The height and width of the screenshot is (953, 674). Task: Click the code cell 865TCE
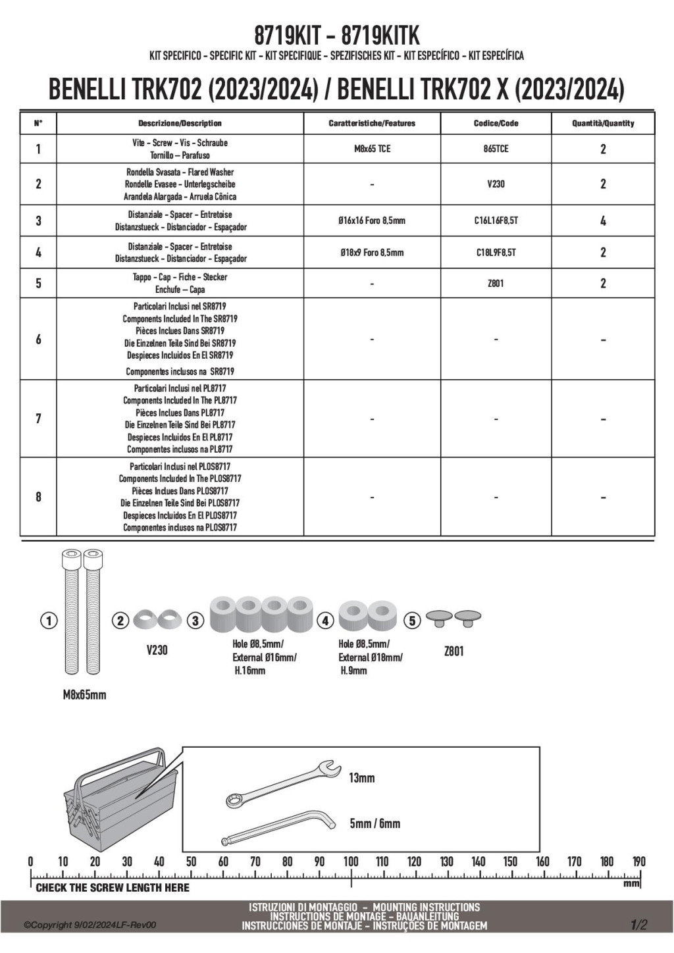click(496, 149)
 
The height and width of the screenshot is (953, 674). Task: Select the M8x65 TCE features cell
click(372, 149)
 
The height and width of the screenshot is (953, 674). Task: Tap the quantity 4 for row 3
click(603, 221)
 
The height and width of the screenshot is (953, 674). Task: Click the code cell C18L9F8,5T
click(496, 252)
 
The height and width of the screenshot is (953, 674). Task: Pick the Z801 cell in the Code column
click(496, 284)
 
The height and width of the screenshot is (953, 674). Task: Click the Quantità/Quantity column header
click(603, 123)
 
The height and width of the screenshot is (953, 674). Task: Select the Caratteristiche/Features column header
click(372, 123)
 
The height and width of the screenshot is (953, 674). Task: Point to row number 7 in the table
click(38, 419)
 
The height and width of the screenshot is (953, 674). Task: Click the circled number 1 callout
click(49, 620)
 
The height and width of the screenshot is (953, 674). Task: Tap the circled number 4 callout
click(326, 620)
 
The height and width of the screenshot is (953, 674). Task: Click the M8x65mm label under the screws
click(80, 695)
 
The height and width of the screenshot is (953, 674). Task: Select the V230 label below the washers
click(157, 650)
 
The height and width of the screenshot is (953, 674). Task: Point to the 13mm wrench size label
click(361, 778)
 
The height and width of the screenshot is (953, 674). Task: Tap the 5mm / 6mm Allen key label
click(375, 823)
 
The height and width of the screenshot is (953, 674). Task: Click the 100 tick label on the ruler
click(351, 862)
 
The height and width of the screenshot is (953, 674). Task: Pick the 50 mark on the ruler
click(191, 862)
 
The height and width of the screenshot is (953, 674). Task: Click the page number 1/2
click(639, 925)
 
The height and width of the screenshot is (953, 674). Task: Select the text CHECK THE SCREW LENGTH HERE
click(113, 888)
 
